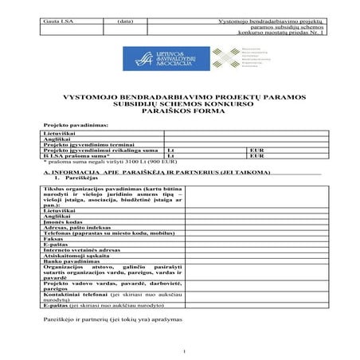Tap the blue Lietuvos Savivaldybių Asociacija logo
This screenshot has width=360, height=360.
click(x=160, y=58)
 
